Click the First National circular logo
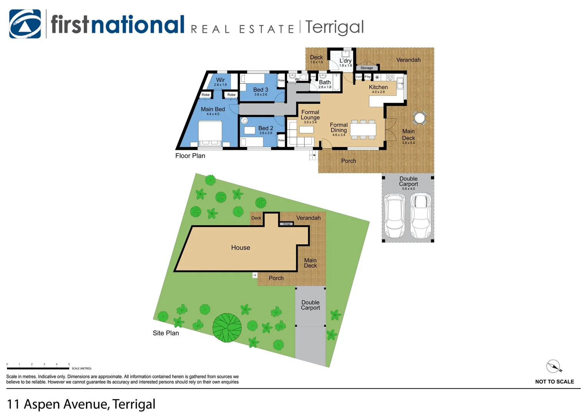coord(25,24)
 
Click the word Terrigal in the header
coord(334,27)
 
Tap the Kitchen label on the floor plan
coord(378,87)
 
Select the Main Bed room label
coord(213,110)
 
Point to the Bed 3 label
coord(260,90)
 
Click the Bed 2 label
coord(265,128)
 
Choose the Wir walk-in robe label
coord(220,80)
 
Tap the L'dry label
coord(345,61)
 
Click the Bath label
coord(325,82)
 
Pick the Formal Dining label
coord(338,128)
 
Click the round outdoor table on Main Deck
coord(420,118)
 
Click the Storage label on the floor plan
coord(366,68)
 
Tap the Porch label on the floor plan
coord(348,161)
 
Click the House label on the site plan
coord(240,248)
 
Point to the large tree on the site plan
coord(227,327)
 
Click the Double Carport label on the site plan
coord(310,305)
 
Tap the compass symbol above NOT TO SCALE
coord(554,367)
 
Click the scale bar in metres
coord(38,368)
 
